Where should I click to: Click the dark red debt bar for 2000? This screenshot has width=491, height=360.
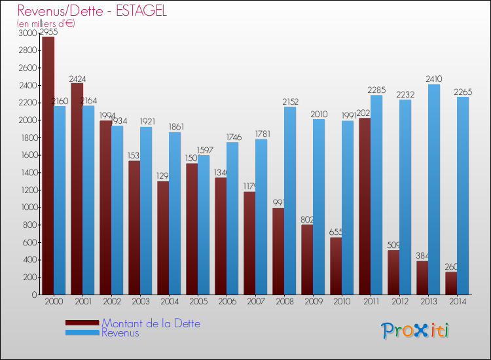[48, 165]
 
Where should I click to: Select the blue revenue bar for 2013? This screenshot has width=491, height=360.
[434, 190]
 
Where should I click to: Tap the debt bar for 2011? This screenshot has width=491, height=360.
[365, 206]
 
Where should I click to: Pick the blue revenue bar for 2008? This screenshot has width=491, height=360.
[290, 200]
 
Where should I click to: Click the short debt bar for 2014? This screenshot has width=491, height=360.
[451, 283]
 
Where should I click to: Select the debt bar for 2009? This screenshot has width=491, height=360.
[307, 259]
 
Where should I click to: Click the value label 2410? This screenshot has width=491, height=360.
[434, 79]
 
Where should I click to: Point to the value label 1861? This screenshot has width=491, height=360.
[175, 127]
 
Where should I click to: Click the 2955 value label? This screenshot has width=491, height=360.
[48, 31]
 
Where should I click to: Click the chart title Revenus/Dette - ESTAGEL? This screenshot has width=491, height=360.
[92, 10]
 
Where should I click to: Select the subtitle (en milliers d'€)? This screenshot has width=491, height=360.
[46, 24]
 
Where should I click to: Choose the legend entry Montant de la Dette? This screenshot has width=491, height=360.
[151, 323]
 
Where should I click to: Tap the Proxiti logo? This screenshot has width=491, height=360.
[415, 331]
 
